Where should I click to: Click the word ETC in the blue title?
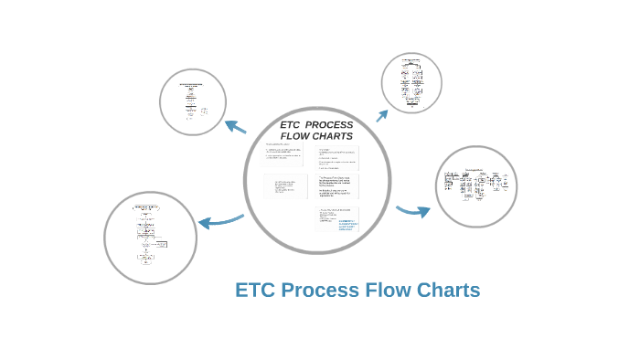point(255,291)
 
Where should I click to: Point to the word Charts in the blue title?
point(448,291)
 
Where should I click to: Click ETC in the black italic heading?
point(290,124)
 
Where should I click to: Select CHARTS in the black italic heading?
point(333,136)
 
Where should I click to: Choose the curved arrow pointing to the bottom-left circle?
point(219,221)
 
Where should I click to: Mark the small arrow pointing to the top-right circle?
point(381,115)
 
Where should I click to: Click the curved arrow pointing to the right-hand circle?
point(413,211)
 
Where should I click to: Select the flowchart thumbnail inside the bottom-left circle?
point(149,237)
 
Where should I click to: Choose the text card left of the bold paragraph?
point(286,187)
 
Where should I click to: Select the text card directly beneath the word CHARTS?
point(337,158)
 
